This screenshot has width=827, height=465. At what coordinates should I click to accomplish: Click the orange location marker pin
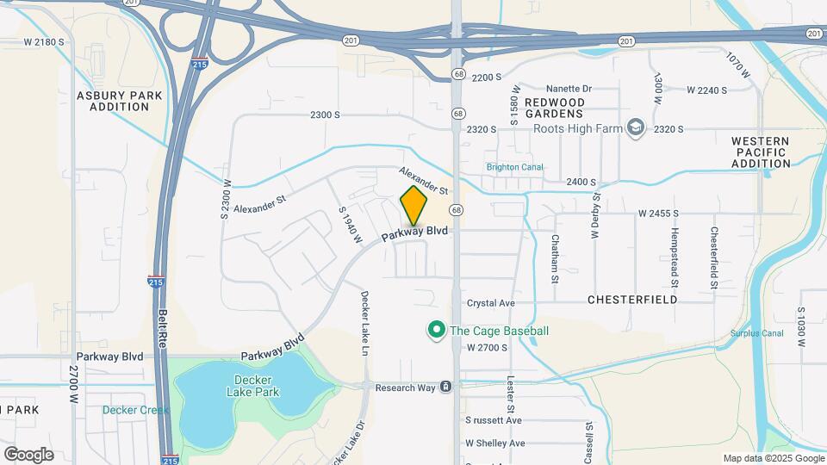coord(414,208)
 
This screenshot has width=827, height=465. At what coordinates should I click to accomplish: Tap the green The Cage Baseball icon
coord(437,330)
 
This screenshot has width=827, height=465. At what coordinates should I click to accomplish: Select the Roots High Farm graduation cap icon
coord(636,128)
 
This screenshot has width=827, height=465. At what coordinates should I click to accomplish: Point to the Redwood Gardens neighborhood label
coord(555,108)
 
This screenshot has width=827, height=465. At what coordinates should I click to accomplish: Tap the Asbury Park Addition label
coord(113,101)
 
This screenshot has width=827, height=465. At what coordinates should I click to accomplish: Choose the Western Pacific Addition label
coord(761,152)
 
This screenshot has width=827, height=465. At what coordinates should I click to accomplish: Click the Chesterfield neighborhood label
coord(632,300)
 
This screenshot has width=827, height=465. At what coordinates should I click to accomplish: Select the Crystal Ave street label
coord(490,303)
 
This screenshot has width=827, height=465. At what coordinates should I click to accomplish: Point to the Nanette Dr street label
coord(569,89)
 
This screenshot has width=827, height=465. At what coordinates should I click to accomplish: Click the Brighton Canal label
coord(514,167)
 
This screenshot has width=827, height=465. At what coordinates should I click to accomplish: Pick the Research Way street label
coord(406,387)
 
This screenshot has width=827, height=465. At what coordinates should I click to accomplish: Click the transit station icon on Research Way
coord(445,387)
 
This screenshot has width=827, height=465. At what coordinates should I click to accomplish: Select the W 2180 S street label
coord(45,42)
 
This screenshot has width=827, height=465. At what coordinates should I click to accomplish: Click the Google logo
coord(28,454)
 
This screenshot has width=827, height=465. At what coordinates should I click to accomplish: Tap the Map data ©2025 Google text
coord(773,458)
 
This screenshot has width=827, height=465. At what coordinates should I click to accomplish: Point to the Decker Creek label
coord(135,410)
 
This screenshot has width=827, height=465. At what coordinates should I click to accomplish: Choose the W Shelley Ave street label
coord(495,443)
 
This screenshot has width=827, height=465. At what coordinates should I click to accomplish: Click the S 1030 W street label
coord(801,327)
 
